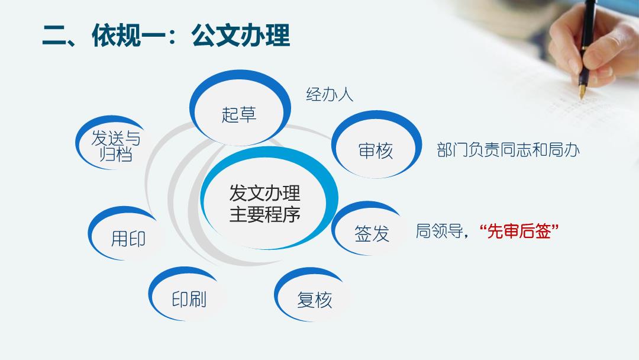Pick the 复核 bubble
tap(312, 295)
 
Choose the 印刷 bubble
tap(185, 294)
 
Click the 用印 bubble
tap(124, 234)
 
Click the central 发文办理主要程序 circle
tap(269, 198)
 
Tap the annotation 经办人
tap(330, 95)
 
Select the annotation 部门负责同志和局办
tap(508, 150)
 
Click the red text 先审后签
tap(519, 231)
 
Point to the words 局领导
tap(439, 231)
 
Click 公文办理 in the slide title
tap(240, 36)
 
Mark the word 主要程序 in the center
tap(265, 214)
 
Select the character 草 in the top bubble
tap(248, 114)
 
